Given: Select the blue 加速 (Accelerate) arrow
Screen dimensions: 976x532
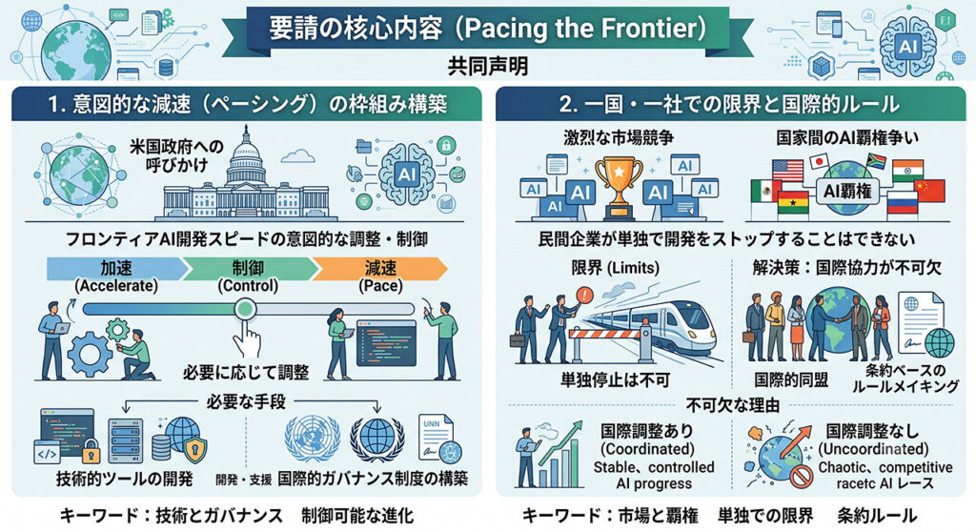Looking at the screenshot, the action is point(116,269).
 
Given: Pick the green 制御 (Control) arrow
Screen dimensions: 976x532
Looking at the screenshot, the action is point(249,269).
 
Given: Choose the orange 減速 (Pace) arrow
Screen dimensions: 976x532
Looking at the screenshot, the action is point(379,269).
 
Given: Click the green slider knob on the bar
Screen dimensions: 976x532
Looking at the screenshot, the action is point(245,309).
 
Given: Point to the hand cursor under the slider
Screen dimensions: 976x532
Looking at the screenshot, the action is point(247,340).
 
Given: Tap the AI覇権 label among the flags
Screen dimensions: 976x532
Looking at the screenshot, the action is point(847,192).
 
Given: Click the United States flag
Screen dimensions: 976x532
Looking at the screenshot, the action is point(787,170).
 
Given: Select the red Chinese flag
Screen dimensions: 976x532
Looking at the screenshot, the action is point(929,191).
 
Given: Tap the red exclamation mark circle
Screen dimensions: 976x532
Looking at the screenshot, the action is point(586,294).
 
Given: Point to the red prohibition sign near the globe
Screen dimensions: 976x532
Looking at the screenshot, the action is point(801,479).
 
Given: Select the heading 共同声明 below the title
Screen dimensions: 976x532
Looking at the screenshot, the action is point(487,66).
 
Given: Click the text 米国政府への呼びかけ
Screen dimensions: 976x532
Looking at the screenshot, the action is point(176,156).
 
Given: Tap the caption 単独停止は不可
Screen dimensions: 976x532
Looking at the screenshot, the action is point(615,379).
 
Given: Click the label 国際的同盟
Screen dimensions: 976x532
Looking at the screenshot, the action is point(791,379).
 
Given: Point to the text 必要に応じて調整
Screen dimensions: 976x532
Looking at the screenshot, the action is point(246,373).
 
